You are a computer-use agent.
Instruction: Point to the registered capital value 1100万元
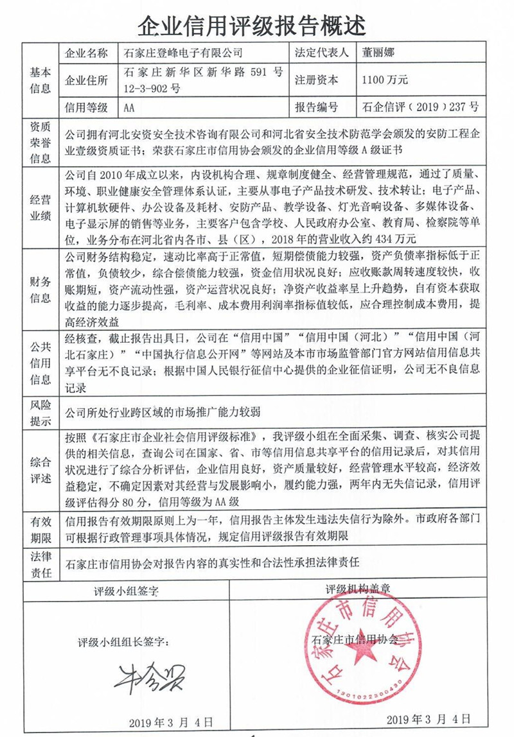tap(385, 80)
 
